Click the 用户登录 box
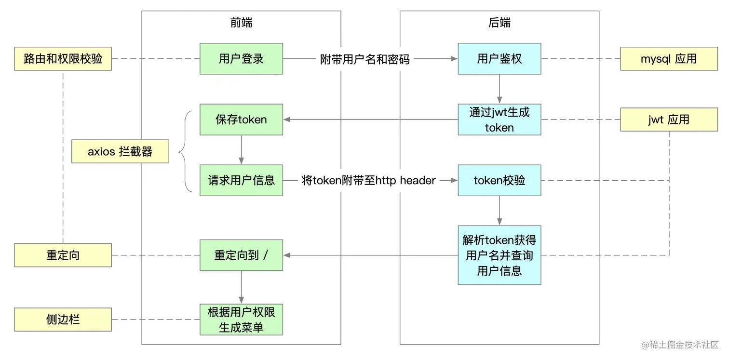241,59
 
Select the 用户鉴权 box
499,59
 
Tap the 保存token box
241,120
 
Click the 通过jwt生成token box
499,120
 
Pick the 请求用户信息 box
241,180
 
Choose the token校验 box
499,180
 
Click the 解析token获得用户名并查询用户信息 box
499,255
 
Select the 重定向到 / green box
241,255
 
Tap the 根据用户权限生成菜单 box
241,320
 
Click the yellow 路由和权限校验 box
63,59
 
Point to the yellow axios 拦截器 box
120,151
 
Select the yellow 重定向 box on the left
63,255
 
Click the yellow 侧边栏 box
63,320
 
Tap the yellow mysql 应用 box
668,59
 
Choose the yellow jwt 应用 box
668,120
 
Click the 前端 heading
241,23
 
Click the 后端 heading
499,23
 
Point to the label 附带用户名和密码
365,59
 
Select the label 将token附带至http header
368,181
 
